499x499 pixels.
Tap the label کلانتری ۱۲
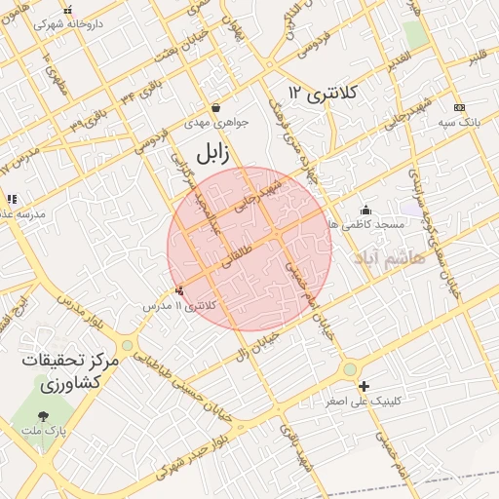pos(325,94)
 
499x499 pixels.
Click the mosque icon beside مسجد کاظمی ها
pos(365,209)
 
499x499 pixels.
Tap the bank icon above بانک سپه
pos(460,107)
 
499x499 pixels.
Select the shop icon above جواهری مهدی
pos(214,107)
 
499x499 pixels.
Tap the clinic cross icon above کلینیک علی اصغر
pos(365,385)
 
